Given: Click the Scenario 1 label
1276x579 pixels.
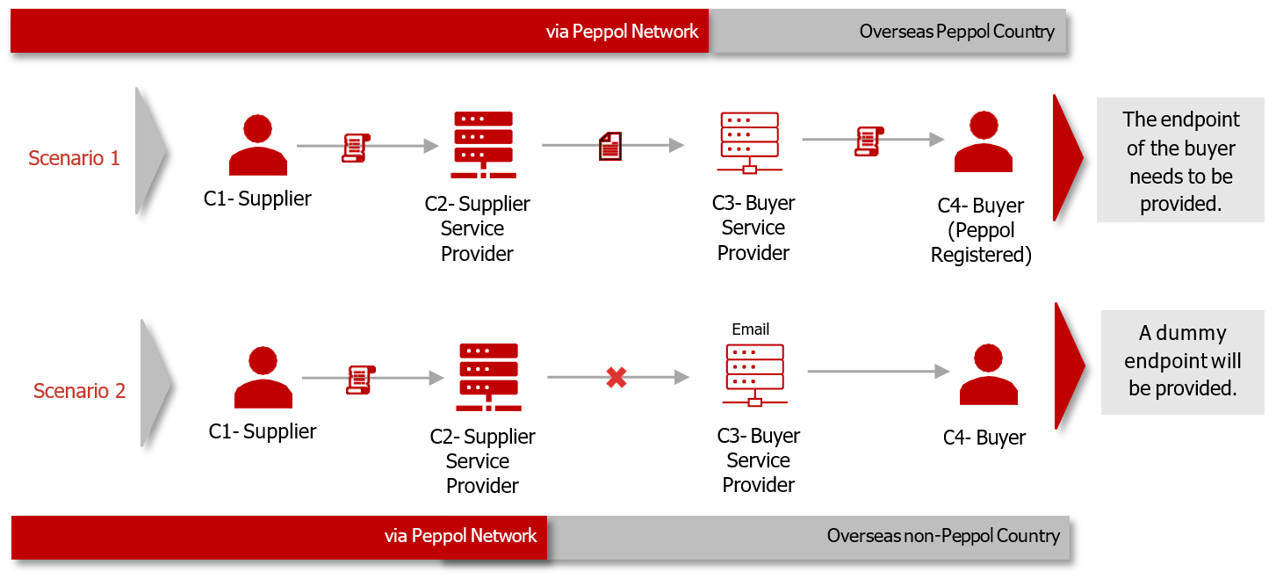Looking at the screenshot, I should point(74,158).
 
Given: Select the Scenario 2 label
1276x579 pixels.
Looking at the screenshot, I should point(79,391).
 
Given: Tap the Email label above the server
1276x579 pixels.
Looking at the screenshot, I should point(750,329).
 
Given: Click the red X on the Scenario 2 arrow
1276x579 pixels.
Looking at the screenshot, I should point(616,378).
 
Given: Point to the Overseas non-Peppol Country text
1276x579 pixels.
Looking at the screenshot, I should point(943,536).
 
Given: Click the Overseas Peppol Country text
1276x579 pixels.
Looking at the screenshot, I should point(956,32).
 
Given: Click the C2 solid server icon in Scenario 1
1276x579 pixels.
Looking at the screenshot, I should point(483,145).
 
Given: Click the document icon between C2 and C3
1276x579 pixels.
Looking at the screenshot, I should point(609,146).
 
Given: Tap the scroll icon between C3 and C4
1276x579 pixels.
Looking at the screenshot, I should point(869,141).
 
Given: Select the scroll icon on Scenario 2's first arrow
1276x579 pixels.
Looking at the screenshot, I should point(361,379).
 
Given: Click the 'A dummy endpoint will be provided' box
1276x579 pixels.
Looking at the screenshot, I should point(1182,361).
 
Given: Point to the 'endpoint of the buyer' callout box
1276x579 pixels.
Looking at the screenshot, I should point(1180,160).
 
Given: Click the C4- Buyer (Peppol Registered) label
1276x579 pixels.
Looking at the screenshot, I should point(981,230).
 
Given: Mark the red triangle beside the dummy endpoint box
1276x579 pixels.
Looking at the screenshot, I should point(1068,365).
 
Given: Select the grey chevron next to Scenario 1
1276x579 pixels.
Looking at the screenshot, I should point(150,150).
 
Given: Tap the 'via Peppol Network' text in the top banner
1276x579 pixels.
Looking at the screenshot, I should point(622,32).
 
